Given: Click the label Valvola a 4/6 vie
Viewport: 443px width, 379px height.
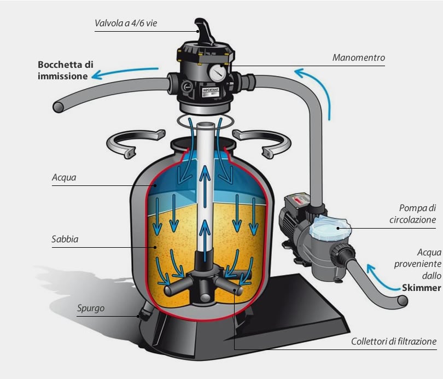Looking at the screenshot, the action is (126, 23).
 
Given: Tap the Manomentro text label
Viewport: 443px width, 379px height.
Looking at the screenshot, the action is (359, 57).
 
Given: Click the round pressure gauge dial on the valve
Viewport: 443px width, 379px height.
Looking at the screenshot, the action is (217, 73).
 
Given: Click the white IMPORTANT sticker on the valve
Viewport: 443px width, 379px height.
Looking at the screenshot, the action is (211, 93).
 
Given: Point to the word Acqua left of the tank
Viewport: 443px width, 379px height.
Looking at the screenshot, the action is (64, 178).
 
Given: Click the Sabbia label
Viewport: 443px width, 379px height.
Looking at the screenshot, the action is (65, 239).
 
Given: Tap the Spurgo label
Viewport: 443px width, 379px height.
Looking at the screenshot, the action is (91, 308).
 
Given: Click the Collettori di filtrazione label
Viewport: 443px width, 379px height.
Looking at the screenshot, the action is (394, 341).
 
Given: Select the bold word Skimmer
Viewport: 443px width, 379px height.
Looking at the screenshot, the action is (422, 288).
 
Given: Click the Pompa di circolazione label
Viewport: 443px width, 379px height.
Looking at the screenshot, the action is (413, 214).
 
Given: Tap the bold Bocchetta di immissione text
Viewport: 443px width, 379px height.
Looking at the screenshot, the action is (66, 71).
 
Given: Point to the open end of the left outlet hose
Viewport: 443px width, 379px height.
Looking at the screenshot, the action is (59, 107).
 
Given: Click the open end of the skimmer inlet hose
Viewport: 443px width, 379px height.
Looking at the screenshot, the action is (403, 301).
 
